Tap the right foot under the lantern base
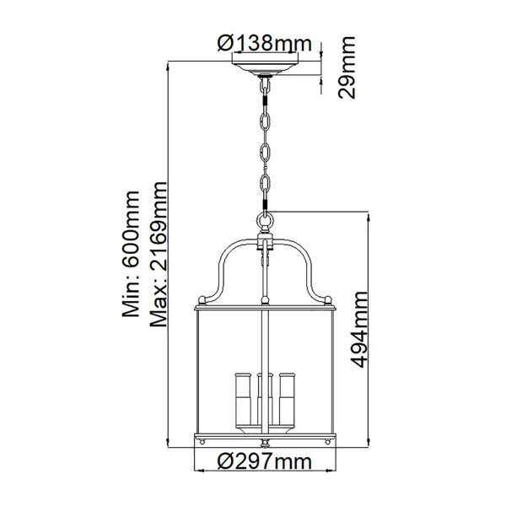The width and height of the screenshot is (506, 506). (325, 442)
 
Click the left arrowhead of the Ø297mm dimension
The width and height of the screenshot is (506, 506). (199, 471)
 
